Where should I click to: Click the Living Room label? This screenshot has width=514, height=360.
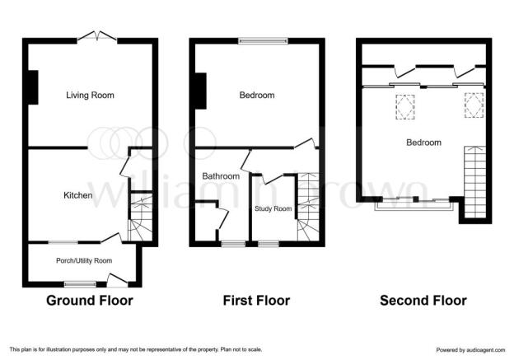click(x=90, y=95)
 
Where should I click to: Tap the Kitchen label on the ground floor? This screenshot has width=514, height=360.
click(x=77, y=195)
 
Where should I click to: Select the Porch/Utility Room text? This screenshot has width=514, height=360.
click(x=84, y=260)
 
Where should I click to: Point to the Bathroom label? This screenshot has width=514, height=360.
click(x=221, y=176)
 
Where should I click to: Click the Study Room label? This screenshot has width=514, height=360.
click(x=273, y=208)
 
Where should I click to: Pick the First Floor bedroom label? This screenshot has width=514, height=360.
click(x=257, y=95)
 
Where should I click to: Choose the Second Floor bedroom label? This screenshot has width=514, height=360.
click(x=423, y=143)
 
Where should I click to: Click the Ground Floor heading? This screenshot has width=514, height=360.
click(x=90, y=301)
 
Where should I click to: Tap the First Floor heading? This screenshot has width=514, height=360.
click(x=256, y=301)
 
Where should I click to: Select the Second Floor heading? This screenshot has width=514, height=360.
click(x=423, y=301)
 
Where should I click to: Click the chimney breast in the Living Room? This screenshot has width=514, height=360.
click(x=33, y=87)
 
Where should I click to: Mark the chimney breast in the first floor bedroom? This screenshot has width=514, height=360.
click(x=201, y=91)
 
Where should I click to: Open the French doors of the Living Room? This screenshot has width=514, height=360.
click(x=97, y=37)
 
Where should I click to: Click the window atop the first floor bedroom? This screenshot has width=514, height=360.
click(x=264, y=41)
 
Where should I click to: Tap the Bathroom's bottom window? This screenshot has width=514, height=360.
click(x=233, y=244)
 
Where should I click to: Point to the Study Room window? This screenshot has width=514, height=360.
click(x=269, y=244)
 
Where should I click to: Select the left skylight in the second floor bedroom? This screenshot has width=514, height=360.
click(x=405, y=107)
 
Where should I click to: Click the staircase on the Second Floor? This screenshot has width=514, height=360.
click(x=474, y=182)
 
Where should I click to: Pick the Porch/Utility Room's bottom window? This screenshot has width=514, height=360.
click(x=80, y=284)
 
